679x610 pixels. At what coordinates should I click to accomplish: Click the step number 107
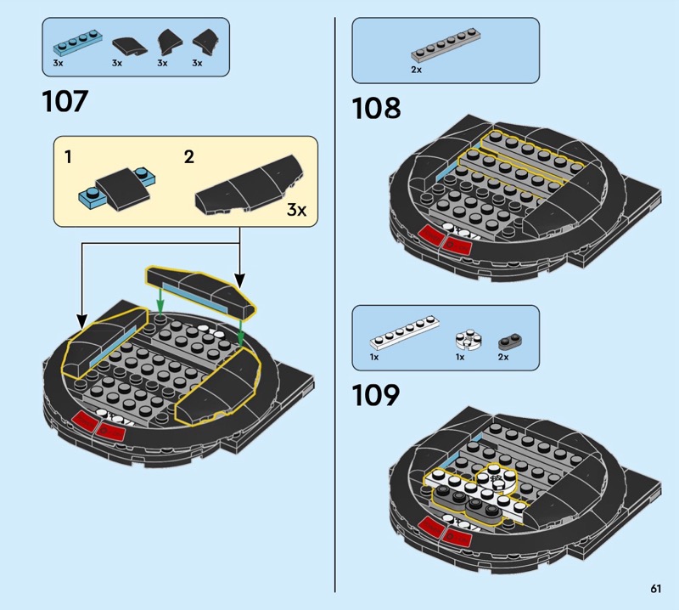click(x=65, y=101)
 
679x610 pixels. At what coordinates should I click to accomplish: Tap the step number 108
click(x=376, y=108)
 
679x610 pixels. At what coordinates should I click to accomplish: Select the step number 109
click(x=375, y=395)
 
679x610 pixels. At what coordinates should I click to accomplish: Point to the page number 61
click(x=655, y=588)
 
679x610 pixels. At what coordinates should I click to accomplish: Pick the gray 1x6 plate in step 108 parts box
click(x=446, y=45)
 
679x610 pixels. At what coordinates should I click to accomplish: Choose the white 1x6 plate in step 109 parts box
click(x=405, y=333)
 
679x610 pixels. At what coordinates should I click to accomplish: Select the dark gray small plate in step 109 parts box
click(x=511, y=342)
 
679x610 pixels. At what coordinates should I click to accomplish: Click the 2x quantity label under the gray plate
click(x=416, y=70)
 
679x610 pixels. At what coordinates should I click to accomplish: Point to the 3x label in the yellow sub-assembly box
click(x=296, y=210)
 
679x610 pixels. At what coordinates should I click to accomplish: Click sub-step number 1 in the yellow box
click(x=68, y=157)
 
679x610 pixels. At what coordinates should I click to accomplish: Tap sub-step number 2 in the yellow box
click(x=188, y=157)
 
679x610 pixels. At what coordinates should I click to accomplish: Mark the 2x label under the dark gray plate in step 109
click(x=503, y=357)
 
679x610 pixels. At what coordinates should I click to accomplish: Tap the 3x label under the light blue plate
click(x=58, y=63)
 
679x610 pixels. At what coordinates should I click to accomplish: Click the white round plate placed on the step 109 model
click(x=497, y=478)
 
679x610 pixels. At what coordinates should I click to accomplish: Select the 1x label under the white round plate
click(x=460, y=357)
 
